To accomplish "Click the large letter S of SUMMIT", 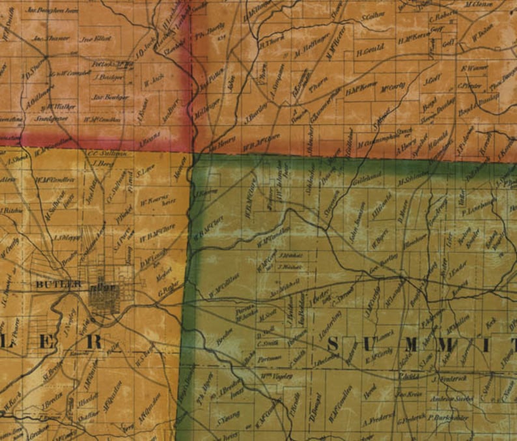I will [333, 345].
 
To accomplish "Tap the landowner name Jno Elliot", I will [95, 38].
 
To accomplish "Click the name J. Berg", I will [104, 164].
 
